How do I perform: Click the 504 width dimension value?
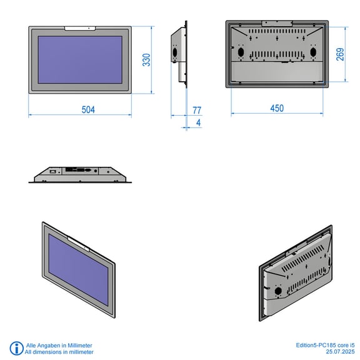click(88, 110)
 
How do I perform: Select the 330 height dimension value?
click(146, 60)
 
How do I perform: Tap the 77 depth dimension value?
click(197, 110)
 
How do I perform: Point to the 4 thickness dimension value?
click(199, 122)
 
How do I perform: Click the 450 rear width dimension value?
click(277, 108)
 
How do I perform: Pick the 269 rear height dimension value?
click(340, 54)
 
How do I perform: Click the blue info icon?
click(16, 348)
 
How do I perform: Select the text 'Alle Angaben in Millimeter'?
click(59, 345)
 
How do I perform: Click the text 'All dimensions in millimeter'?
click(59, 352)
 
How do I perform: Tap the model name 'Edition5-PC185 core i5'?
click(325, 345)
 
